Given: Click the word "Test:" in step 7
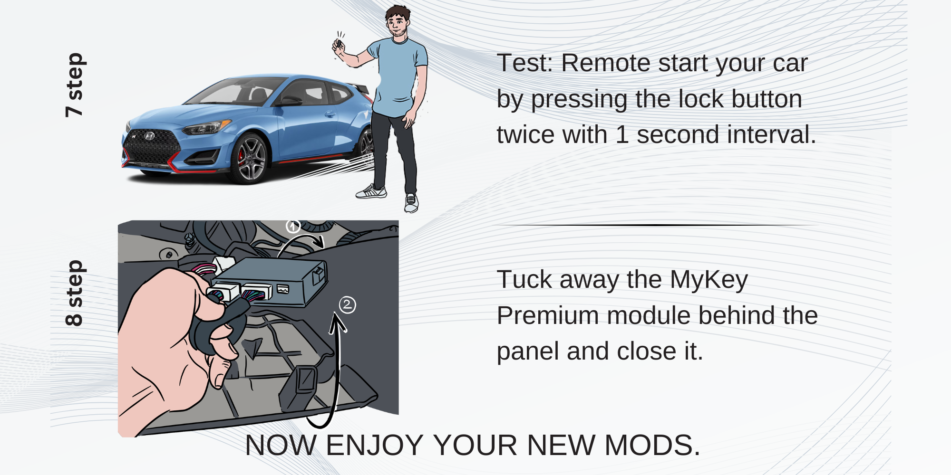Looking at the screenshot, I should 524,63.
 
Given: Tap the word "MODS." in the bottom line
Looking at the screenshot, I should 652,445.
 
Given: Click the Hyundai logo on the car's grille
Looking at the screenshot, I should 149,136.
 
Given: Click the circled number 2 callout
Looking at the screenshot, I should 347,304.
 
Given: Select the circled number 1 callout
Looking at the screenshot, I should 292,226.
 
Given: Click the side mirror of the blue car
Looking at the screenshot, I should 290,101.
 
